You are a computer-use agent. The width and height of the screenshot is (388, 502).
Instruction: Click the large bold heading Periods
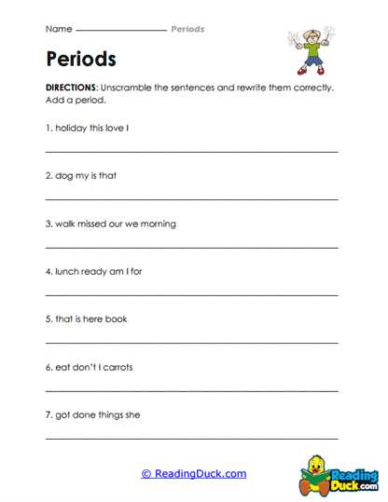(80, 59)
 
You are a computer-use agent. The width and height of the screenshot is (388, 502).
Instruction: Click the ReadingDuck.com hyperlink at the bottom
(194, 473)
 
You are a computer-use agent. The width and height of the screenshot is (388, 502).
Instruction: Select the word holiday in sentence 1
(73, 127)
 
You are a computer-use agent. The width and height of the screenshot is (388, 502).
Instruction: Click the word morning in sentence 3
(158, 224)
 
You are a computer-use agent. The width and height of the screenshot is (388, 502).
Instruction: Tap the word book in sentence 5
(117, 319)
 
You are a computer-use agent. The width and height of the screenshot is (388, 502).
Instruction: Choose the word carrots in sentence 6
(117, 367)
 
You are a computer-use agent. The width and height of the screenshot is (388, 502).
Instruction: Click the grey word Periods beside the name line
(187, 29)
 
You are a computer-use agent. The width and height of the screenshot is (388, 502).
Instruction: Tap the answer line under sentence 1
(191, 150)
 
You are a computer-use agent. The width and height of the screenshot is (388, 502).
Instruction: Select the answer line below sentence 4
(191, 294)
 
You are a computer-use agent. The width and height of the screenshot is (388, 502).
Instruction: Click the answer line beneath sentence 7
(191, 438)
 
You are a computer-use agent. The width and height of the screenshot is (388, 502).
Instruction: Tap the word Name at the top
(57, 29)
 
